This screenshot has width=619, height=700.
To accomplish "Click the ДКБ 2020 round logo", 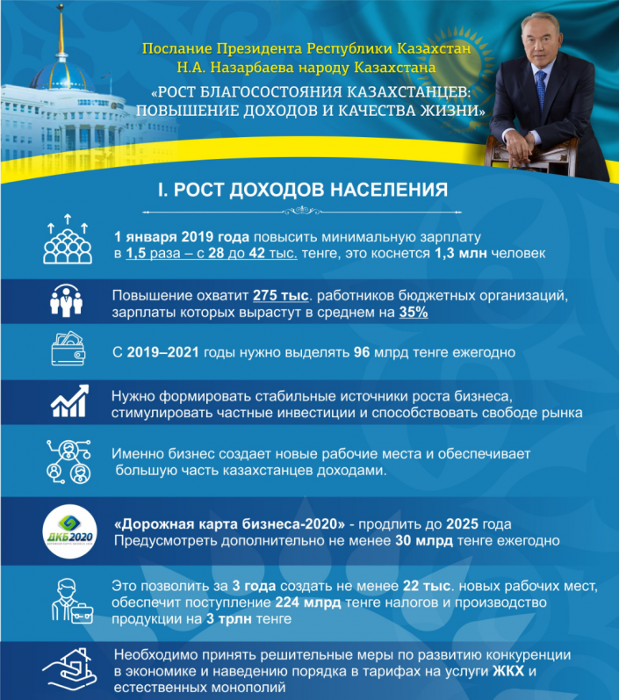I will [x=67, y=531].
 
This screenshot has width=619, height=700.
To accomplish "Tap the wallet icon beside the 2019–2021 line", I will [x=67, y=351].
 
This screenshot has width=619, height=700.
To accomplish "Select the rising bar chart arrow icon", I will [x=67, y=403].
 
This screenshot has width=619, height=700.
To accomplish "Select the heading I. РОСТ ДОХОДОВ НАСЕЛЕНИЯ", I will [x=303, y=189].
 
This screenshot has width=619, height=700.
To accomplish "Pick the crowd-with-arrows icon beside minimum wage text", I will [x=67, y=239].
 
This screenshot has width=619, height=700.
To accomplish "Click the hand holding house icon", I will [x=67, y=669].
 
